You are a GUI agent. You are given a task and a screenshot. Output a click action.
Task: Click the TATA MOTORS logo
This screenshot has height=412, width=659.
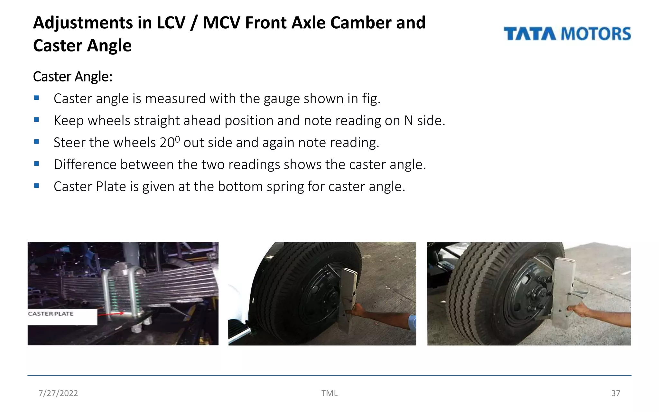point(567,34)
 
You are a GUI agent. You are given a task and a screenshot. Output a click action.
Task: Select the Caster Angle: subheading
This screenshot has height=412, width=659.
point(73,77)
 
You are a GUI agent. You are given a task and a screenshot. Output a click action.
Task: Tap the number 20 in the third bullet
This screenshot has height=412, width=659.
point(167,143)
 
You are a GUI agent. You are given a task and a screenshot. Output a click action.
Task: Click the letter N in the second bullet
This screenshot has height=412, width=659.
point(408,121)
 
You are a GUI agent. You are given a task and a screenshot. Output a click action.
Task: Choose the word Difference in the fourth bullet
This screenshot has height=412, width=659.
point(85,164)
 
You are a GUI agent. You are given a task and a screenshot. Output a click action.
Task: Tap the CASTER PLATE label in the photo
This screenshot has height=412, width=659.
point(51,314)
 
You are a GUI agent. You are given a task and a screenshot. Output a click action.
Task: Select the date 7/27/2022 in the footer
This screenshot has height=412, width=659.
point(58,393)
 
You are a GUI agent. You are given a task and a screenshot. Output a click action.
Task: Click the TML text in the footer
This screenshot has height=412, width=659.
point(329,393)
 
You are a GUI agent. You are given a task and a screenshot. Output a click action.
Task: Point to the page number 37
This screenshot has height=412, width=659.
point(615,393)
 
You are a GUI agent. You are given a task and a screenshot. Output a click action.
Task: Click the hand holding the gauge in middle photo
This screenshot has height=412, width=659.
point(358,310)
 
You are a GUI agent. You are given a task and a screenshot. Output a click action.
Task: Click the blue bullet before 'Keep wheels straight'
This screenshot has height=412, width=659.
point(36,120)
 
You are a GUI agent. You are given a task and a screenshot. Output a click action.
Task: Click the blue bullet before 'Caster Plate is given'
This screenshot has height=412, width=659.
point(36,186)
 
